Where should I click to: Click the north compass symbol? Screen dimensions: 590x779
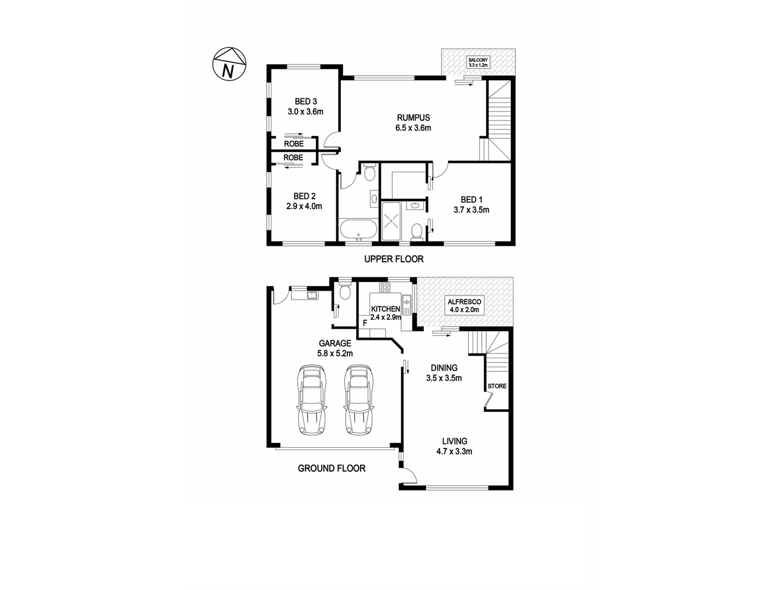click(229, 64)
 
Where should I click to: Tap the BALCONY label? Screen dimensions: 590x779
click(478, 60)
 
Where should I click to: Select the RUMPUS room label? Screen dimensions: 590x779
click(414, 117)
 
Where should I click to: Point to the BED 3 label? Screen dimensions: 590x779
click(306, 101)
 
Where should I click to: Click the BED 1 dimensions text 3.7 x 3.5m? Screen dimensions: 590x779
click(471, 210)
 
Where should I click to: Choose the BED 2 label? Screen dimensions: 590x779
click(305, 196)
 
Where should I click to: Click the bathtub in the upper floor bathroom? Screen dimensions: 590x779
click(358, 229)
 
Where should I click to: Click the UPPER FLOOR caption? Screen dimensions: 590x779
click(393, 259)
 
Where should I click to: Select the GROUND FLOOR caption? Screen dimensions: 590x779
click(332, 468)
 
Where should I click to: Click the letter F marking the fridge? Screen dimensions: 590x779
click(365, 330)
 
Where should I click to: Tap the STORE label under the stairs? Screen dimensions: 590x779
click(497, 386)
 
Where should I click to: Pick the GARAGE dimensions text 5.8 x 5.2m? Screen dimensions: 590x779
click(335, 353)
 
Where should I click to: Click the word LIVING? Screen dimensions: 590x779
click(455, 441)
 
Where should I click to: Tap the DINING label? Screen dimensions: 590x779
click(444, 368)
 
